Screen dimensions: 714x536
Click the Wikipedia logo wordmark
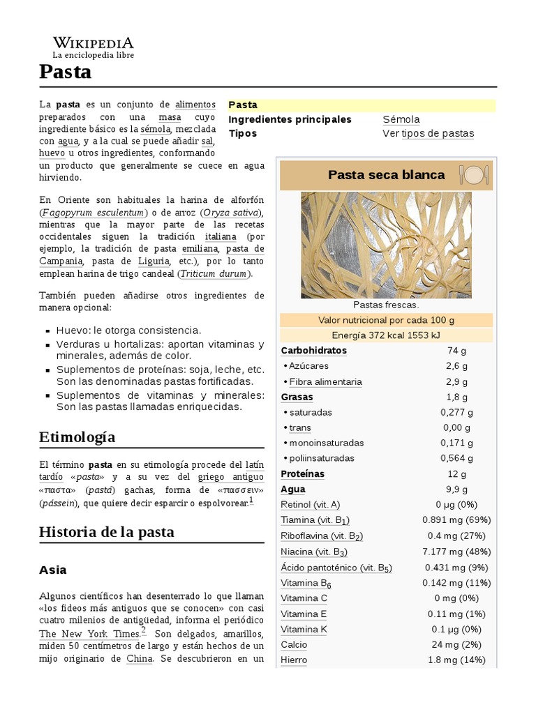click(93, 43)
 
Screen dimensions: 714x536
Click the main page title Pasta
click(65, 71)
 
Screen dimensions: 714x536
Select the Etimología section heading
click(77, 437)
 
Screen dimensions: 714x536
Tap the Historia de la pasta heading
click(107, 532)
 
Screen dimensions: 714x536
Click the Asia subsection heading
click(53, 570)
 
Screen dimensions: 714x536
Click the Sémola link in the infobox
click(401, 119)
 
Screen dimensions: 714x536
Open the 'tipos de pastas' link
click(438, 133)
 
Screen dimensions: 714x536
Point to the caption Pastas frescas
click(386, 305)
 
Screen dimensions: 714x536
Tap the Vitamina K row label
click(304, 629)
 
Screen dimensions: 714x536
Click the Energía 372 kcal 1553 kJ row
click(386, 335)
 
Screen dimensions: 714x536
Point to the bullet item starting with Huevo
click(128, 330)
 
